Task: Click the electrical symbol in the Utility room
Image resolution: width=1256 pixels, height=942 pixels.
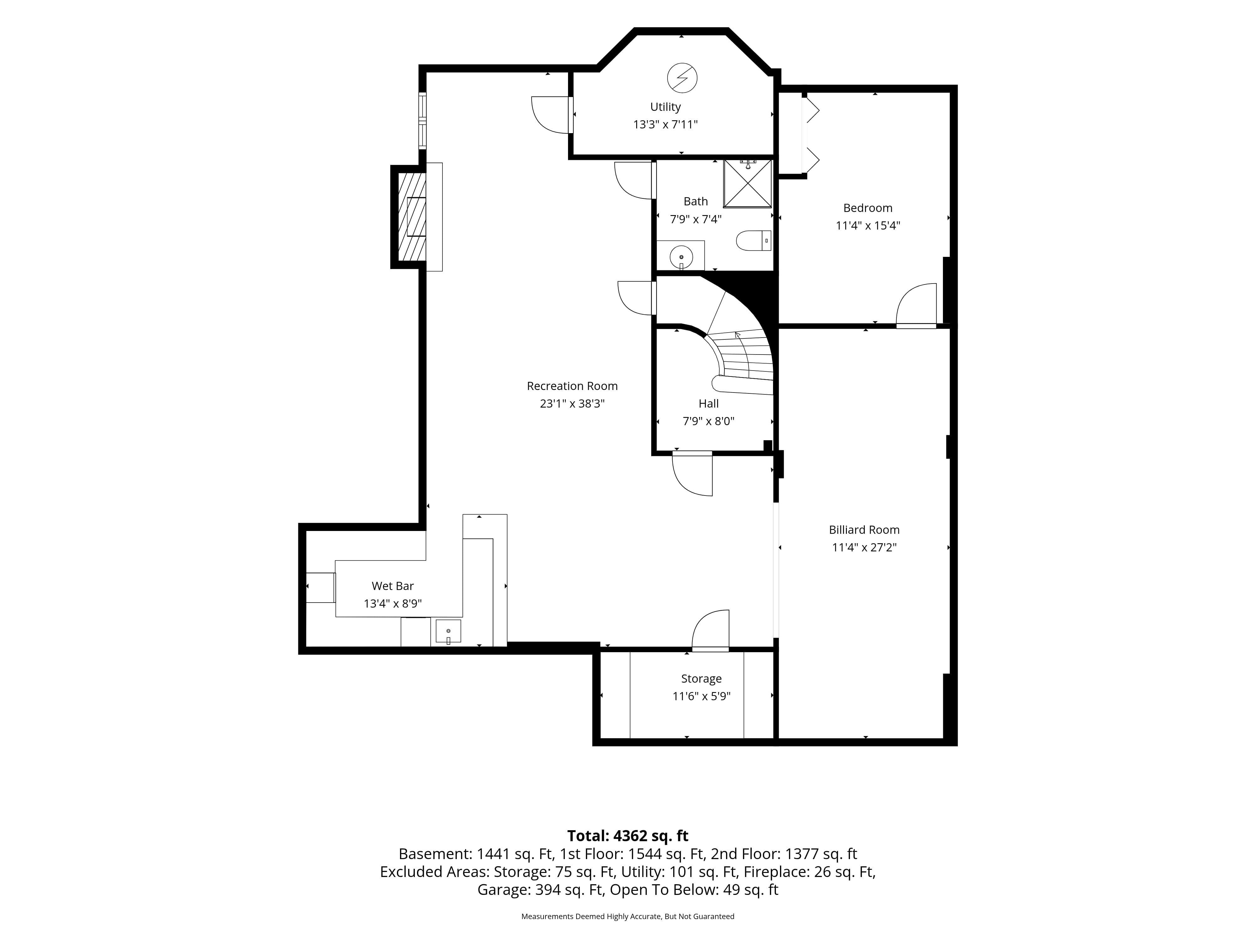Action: [682, 78]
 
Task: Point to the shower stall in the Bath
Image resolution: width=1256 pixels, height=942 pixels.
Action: [747, 183]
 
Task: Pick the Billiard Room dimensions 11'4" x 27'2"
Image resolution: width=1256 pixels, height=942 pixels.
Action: [864, 547]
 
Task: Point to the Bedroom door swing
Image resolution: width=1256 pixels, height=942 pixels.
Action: [916, 305]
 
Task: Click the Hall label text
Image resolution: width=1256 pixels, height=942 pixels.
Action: [709, 404]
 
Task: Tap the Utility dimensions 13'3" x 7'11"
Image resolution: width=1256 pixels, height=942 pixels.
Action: [665, 124]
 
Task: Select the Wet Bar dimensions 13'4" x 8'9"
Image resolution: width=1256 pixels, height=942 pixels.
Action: [393, 604]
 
